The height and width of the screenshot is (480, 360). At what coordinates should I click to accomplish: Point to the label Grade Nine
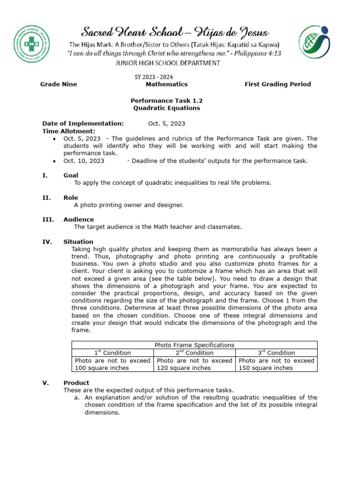[x=59, y=84]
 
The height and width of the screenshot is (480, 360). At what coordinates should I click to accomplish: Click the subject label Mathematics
[x=166, y=84]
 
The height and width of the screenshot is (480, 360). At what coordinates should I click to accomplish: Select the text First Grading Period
[x=277, y=84]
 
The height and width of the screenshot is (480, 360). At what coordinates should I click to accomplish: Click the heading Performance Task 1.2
[x=166, y=100]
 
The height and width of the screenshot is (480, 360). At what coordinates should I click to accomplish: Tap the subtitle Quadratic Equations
[x=166, y=108]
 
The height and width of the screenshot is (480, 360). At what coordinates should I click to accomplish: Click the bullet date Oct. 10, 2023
[x=84, y=161]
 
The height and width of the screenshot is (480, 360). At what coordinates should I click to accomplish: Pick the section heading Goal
[x=71, y=175]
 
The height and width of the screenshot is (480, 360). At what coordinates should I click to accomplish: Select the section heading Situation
[x=78, y=242]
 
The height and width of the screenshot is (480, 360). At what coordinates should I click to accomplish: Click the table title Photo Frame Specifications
[x=194, y=345]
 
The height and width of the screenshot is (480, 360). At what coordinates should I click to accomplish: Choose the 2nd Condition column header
[x=194, y=352]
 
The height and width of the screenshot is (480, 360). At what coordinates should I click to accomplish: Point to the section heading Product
[x=76, y=382]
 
